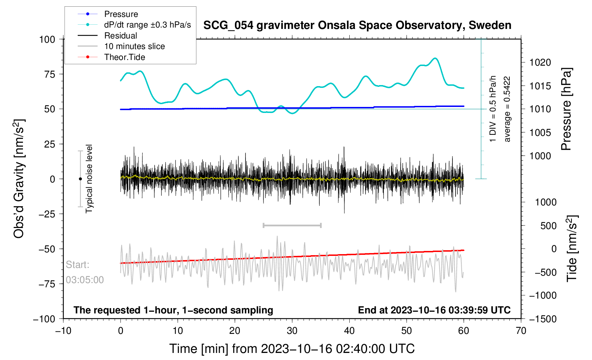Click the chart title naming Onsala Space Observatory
coord(357,25)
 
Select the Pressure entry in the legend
coord(121,14)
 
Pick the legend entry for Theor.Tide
coord(124,57)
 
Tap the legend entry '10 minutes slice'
coord(134,46)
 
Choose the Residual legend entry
coord(120,36)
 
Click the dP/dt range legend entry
coord(147,25)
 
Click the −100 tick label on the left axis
coord(44,319)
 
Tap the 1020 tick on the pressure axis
coord(540,62)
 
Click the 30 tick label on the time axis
coord(292,331)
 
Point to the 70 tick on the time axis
coord(521,331)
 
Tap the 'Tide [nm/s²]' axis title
coord(572,249)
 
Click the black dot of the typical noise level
coord(80,179)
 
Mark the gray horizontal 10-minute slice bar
coord(292,225)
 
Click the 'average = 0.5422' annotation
coord(507,109)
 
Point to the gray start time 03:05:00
coord(85,280)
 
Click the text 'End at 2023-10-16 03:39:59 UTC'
coord(434,310)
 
